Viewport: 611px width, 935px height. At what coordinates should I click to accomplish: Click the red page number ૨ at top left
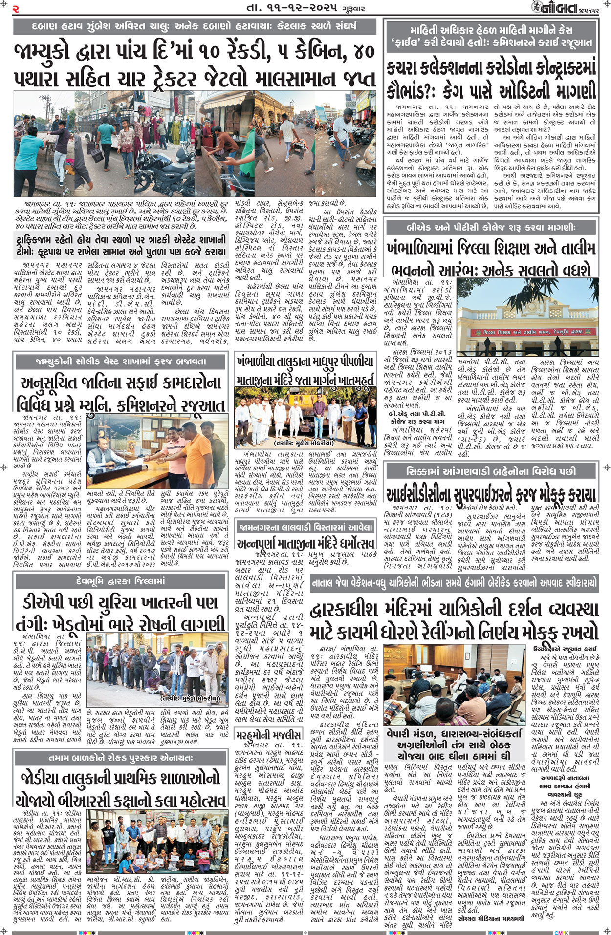16,8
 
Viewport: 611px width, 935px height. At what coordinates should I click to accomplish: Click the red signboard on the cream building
526,332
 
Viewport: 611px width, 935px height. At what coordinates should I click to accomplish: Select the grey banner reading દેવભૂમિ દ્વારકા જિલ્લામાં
121,581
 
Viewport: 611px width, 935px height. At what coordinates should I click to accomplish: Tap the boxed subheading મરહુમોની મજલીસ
267,735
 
